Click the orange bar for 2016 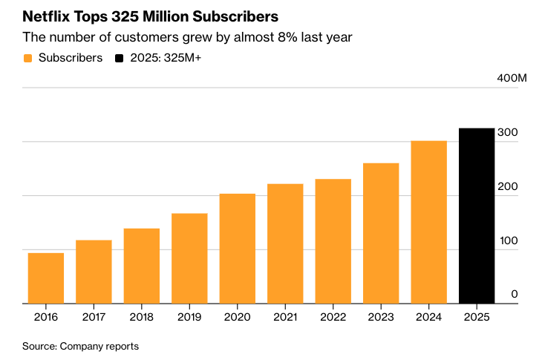pyautogui.click(x=46, y=278)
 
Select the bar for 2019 pyautogui.click(x=189, y=258)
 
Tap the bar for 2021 pyautogui.click(x=285, y=243)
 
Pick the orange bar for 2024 pyautogui.click(x=429, y=222)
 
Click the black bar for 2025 pyautogui.click(x=477, y=216)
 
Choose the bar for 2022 pyautogui.click(x=333, y=241)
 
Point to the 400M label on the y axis pyautogui.click(x=512, y=79)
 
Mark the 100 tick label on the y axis pyautogui.click(x=508, y=241)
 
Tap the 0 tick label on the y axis pyautogui.click(x=514, y=295)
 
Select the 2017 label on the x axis pyautogui.click(x=94, y=317)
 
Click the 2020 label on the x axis pyautogui.click(x=238, y=317)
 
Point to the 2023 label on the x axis pyautogui.click(x=381, y=317)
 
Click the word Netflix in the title pyautogui.click(x=46, y=16)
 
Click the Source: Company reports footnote pyautogui.click(x=80, y=346)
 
